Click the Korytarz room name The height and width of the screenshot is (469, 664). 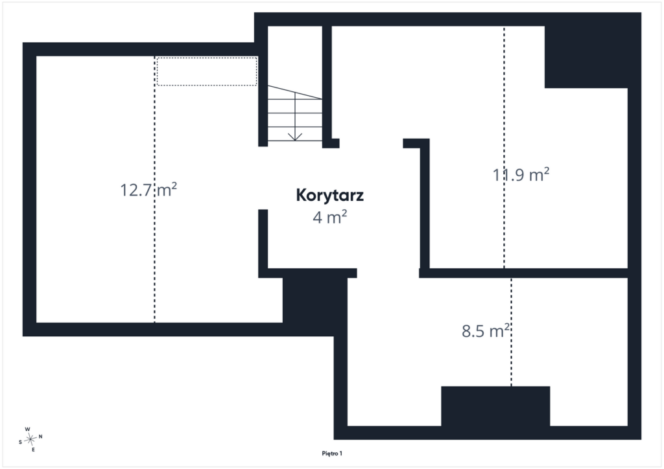pyautogui.click(x=330, y=196)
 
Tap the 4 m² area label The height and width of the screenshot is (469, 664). pyautogui.click(x=330, y=217)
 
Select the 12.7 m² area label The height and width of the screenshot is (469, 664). pyautogui.click(x=148, y=190)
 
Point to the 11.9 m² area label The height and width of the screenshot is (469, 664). pyautogui.click(x=521, y=175)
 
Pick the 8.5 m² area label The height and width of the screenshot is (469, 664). pyautogui.click(x=485, y=331)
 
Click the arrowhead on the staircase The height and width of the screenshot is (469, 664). pyautogui.click(x=295, y=136)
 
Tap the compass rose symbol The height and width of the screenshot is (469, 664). pyautogui.click(x=30, y=440)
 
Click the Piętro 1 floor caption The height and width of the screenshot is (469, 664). pyautogui.click(x=332, y=453)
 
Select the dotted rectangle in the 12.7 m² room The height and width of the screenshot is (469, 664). pyautogui.click(x=207, y=71)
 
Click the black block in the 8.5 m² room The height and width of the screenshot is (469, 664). pyautogui.click(x=495, y=406)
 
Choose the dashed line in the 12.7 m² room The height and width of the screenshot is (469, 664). pyautogui.click(x=154, y=189)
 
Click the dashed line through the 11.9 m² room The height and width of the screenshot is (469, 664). pyautogui.click(x=504, y=147)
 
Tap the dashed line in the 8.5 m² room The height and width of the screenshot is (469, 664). pyautogui.click(x=511, y=332)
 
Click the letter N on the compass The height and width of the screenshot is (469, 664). pyautogui.click(x=41, y=437)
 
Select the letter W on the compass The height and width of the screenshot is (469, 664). pyautogui.click(x=27, y=429)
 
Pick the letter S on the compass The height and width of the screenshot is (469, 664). pyautogui.click(x=20, y=442)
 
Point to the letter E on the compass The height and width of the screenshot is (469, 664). pyautogui.click(x=33, y=450)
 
